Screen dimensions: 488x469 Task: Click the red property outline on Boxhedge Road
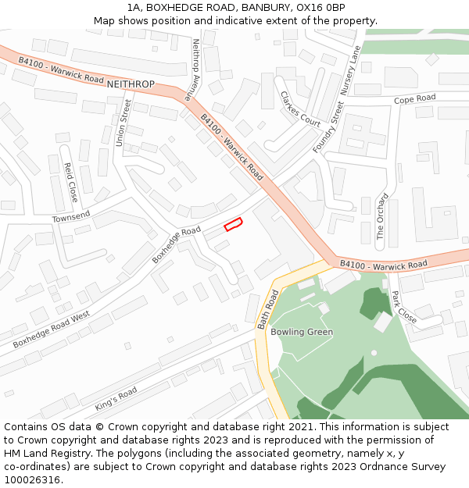(233, 225)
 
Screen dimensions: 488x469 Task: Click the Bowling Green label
(302, 332)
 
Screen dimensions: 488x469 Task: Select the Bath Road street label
(267, 309)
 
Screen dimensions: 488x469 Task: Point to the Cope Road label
(414, 99)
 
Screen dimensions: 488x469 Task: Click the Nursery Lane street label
(349, 69)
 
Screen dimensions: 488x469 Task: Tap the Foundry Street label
(328, 126)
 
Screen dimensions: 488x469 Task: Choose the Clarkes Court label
(300, 109)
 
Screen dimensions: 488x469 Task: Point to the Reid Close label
(70, 182)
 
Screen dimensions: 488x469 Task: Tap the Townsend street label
(71, 216)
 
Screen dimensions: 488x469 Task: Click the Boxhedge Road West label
(51, 329)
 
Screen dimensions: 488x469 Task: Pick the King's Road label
(116, 399)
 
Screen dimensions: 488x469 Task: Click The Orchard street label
(381, 216)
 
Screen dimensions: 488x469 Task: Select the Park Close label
(403, 307)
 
